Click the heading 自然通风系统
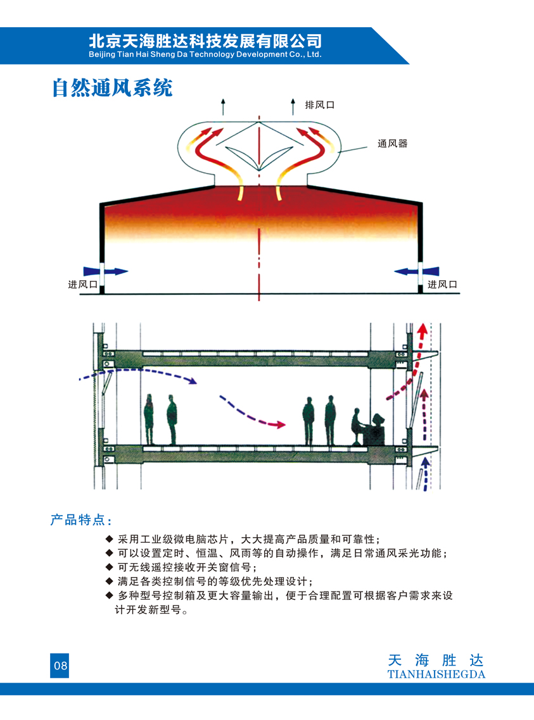112,88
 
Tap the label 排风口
320,105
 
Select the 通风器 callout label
393,144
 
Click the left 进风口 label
83,285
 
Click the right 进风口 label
442,285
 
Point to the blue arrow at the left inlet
105,271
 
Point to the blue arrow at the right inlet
416,271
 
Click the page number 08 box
60,666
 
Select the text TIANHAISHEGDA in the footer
436,674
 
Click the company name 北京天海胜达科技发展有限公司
205,41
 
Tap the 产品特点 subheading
81,520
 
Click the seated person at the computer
357,426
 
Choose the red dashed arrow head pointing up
423,329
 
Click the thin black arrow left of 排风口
224,106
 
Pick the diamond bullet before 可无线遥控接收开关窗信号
110,567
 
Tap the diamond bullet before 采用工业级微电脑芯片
110,538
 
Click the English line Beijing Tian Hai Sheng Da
205,54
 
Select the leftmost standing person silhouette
149,419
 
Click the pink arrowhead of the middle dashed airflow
281,425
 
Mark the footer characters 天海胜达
436,661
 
